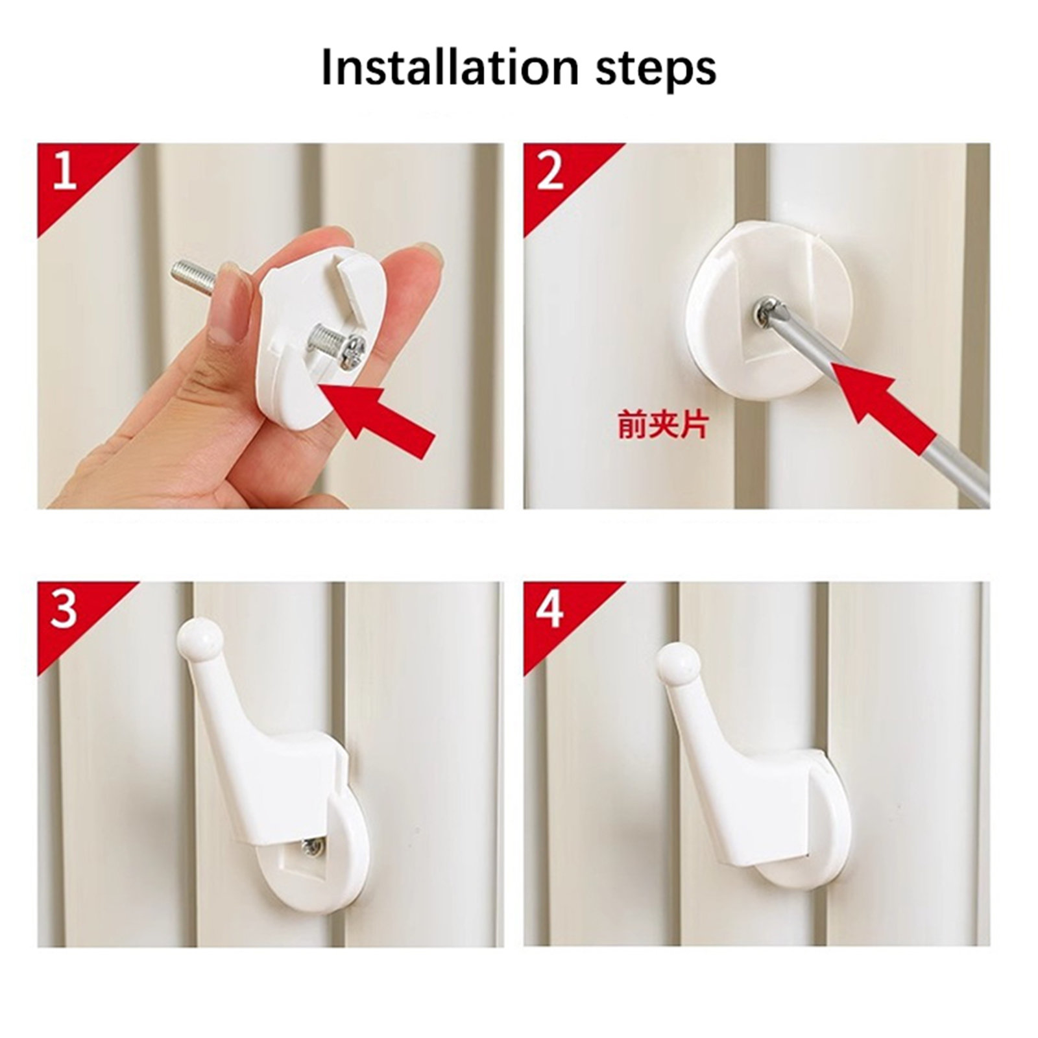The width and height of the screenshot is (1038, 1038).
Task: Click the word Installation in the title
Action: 450,67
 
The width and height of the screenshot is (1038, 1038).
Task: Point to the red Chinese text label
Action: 662,426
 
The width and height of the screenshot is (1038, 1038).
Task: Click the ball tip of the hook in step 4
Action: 679,664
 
